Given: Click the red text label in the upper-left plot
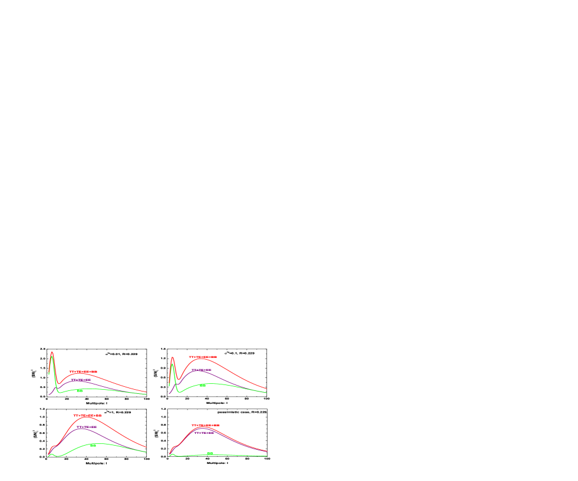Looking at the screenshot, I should [x=83, y=371].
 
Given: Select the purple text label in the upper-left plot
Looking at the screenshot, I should [x=81, y=380].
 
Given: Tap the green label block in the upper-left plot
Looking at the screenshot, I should [x=80, y=390].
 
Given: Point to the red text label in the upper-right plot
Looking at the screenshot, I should [x=203, y=357].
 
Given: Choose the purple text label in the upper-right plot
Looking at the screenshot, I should [x=202, y=370].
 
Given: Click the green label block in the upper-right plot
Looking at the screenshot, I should [x=203, y=386].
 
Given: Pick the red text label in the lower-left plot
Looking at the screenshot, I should [x=88, y=416].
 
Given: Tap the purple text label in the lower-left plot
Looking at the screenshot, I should [x=87, y=427].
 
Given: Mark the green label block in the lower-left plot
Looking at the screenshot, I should [x=93, y=446].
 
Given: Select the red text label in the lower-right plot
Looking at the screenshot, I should [x=206, y=425].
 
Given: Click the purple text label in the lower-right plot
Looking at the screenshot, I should [x=204, y=433].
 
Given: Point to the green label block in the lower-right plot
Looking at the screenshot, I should [x=210, y=453].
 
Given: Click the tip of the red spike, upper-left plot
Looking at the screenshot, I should [x=52, y=352].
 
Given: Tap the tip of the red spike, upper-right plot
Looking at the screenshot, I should [x=172, y=357].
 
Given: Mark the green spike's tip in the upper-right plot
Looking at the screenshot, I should [x=173, y=364].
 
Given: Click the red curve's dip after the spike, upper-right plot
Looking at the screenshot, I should [x=178, y=379].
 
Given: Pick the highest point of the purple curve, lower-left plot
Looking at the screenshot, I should [x=82, y=428].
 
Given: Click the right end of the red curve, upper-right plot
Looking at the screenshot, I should [x=267, y=389].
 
